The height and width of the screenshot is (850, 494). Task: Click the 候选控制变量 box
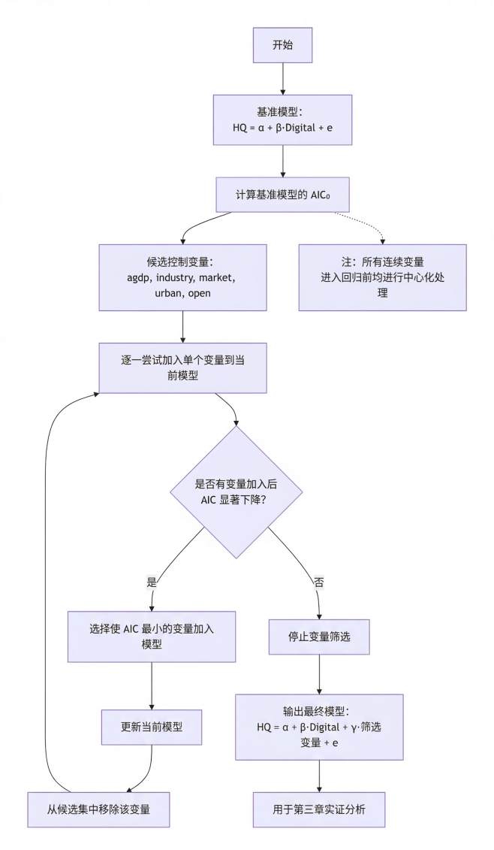click(x=183, y=277)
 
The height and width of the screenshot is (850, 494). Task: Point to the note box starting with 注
click(x=382, y=277)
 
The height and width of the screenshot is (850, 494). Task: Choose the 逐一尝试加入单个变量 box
click(x=183, y=368)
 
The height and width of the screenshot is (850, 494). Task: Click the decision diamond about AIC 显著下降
click(x=236, y=492)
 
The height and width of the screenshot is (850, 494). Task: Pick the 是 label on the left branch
click(x=152, y=582)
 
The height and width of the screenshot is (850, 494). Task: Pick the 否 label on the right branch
click(x=318, y=582)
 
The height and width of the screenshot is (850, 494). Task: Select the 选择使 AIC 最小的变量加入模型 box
click(x=152, y=637)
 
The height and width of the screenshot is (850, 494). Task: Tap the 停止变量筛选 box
click(x=320, y=637)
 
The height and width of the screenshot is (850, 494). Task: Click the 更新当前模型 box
click(x=152, y=727)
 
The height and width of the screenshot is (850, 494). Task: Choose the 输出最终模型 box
click(x=320, y=727)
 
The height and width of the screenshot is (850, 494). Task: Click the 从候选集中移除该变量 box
click(x=99, y=809)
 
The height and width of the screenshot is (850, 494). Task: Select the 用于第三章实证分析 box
click(x=320, y=809)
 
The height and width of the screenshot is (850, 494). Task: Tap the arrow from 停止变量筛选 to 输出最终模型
click(x=320, y=674)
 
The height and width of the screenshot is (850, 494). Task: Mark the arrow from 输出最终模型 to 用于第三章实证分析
click(x=320, y=775)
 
